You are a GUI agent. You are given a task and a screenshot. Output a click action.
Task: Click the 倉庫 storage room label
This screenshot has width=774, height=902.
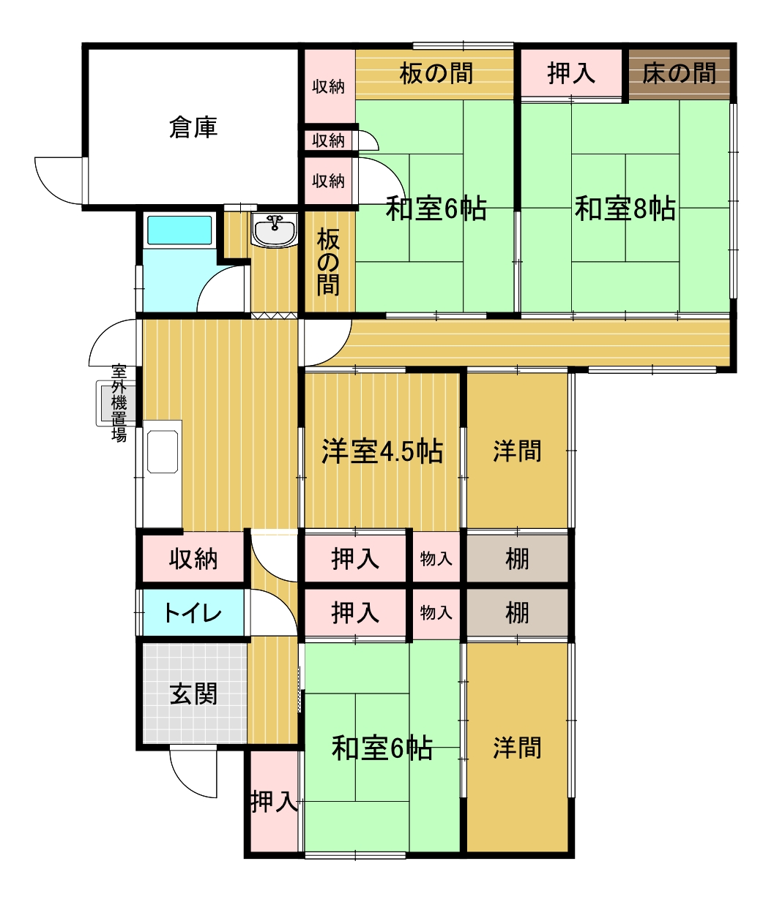[x=193, y=127]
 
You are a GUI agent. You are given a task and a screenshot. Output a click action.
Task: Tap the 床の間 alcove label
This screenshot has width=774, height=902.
[x=679, y=73]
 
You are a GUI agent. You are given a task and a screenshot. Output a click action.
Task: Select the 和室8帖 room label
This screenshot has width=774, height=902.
[x=625, y=208]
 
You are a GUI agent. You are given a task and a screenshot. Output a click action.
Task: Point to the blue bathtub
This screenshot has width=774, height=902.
[x=179, y=230]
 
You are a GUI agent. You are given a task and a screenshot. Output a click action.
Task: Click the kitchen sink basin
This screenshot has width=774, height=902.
[x=163, y=451]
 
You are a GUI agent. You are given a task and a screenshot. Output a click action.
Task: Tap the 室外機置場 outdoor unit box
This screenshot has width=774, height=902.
[x=116, y=403]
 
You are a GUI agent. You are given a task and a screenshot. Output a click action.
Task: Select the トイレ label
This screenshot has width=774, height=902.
[x=193, y=613]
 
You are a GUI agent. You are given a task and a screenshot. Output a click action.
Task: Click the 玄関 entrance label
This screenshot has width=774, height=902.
[x=193, y=694]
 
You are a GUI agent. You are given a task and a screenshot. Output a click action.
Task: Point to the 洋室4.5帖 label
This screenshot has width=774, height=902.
[x=382, y=451]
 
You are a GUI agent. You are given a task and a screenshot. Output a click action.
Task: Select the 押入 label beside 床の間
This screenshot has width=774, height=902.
[x=571, y=73]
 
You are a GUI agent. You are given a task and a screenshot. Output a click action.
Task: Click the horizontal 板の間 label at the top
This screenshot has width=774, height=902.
[x=436, y=73]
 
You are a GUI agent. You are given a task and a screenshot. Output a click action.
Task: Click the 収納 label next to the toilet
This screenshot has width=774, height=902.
[x=193, y=559]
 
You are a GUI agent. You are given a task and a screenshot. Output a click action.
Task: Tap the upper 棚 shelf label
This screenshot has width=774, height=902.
[x=517, y=559]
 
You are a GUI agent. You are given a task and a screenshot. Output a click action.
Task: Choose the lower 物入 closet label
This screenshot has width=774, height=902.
[x=436, y=613]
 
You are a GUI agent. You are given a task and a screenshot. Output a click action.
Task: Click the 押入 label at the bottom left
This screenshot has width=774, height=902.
[x=275, y=802]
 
